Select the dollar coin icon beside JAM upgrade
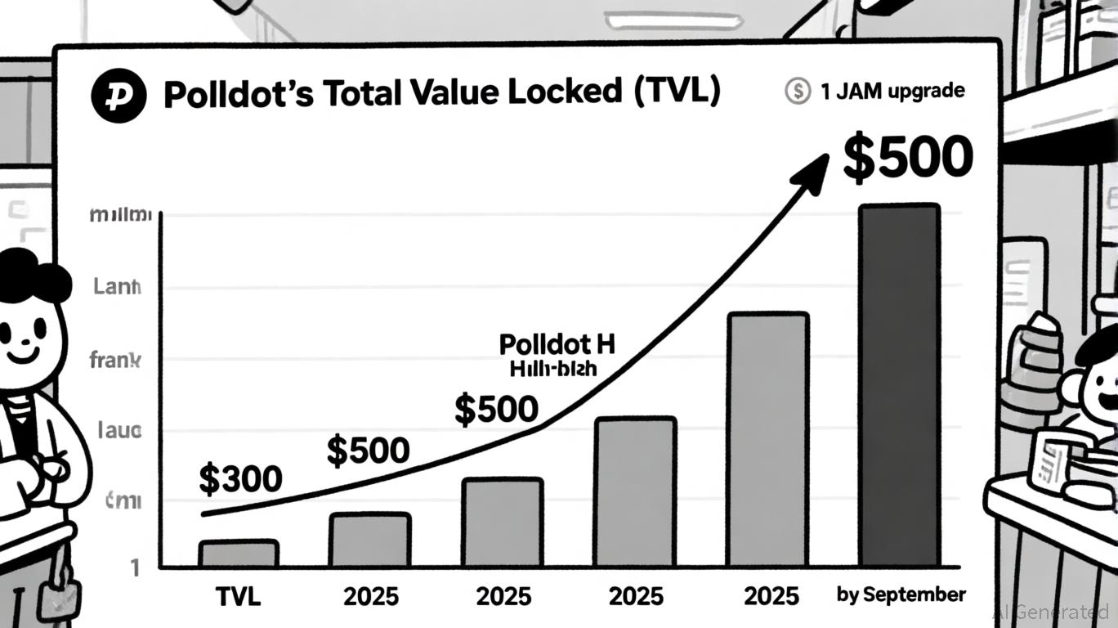click(x=797, y=91)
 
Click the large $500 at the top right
click(x=907, y=158)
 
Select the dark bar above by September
click(x=899, y=385)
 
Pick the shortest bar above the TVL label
click(x=239, y=554)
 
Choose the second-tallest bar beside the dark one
click(x=767, y=439)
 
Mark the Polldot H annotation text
click(x=549, y=343)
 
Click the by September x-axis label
click(x=901, y=594)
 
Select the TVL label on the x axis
click(x=239, y=596)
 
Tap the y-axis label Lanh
click(x=117, y=287)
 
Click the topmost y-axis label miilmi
click(x=120, y=217)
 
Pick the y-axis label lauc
click(x=119, y=430)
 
